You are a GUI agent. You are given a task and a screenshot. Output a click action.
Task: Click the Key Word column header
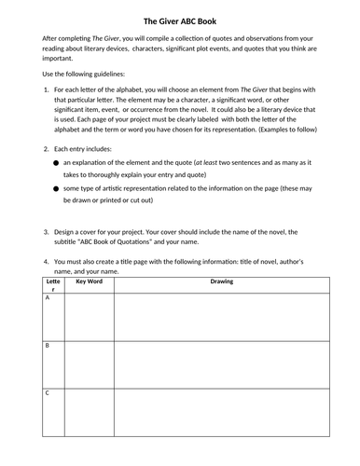89,280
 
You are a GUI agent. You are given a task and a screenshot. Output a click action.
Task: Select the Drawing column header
221,280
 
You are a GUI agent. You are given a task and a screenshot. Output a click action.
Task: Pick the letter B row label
47,347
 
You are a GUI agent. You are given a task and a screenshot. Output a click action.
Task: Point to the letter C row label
47,392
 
